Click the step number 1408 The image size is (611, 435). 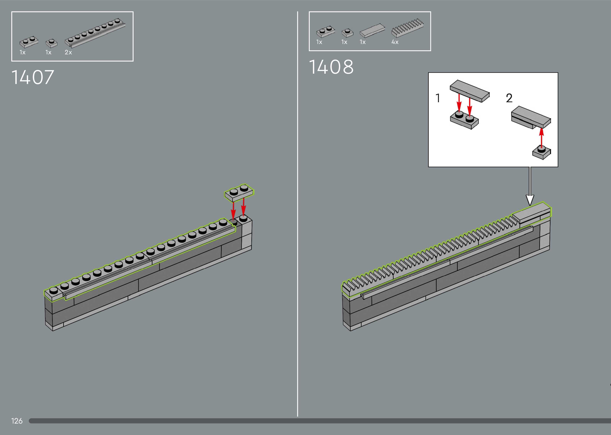pyautogui.click(x=331, y=67)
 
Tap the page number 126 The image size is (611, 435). pyautogui.click(x=17, y=421)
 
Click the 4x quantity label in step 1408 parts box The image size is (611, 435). pyautogui.click(x=395, y=42)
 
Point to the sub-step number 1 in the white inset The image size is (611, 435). pyautogui.click(x=438, y=98)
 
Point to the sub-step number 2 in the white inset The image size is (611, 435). pyautogui.click(x=509, y=98)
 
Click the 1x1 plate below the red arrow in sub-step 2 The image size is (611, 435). pyautogui.click(x=541, y=153)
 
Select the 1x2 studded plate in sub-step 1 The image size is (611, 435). pyautogui.click(x=464, y=120)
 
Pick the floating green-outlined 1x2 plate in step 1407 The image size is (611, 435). pyautogui.click(x=239, y=192)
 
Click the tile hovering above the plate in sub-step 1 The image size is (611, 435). pyautogui.click(x=469, y=91)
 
